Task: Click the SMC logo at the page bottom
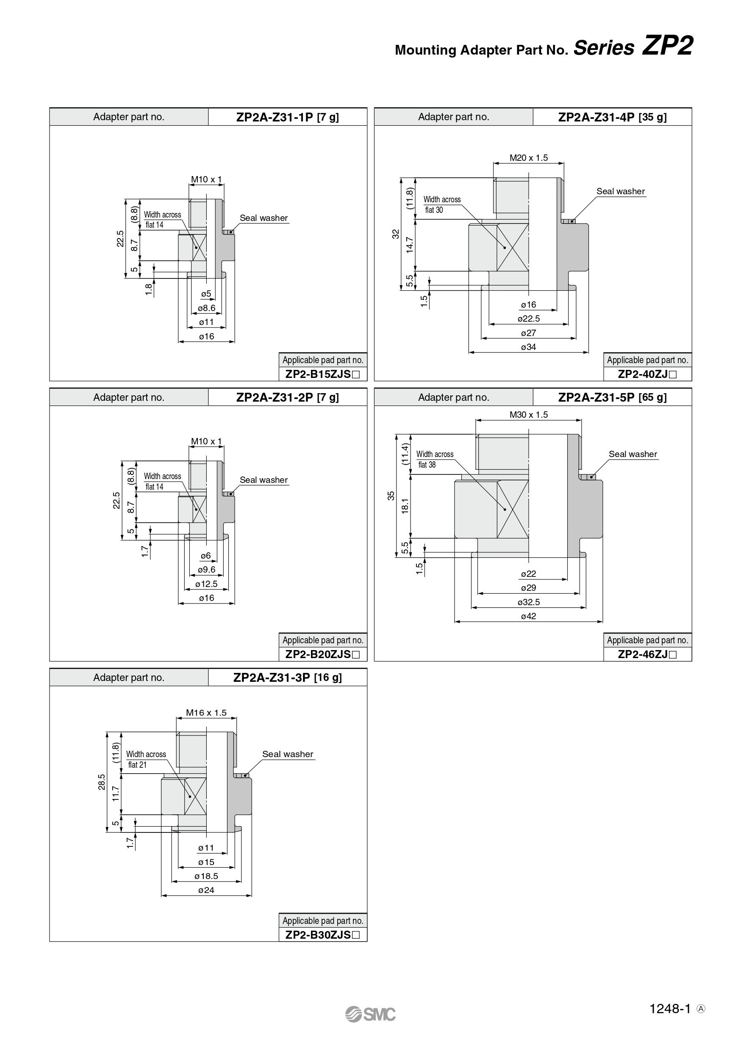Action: [x=370, y=1014]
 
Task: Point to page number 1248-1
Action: [x=669, y=1009]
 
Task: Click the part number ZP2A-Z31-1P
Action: [x=275, y=117]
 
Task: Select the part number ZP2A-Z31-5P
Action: [x=597, y=397]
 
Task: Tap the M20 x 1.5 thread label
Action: [x=529, y=158]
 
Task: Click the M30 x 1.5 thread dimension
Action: [x=529, y=415]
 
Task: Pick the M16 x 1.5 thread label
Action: [x=206, y=713]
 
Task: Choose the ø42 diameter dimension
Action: [x=529, y=616]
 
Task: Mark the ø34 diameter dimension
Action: [x=529, y=347]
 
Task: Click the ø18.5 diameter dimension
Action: [x=206, y=876]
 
